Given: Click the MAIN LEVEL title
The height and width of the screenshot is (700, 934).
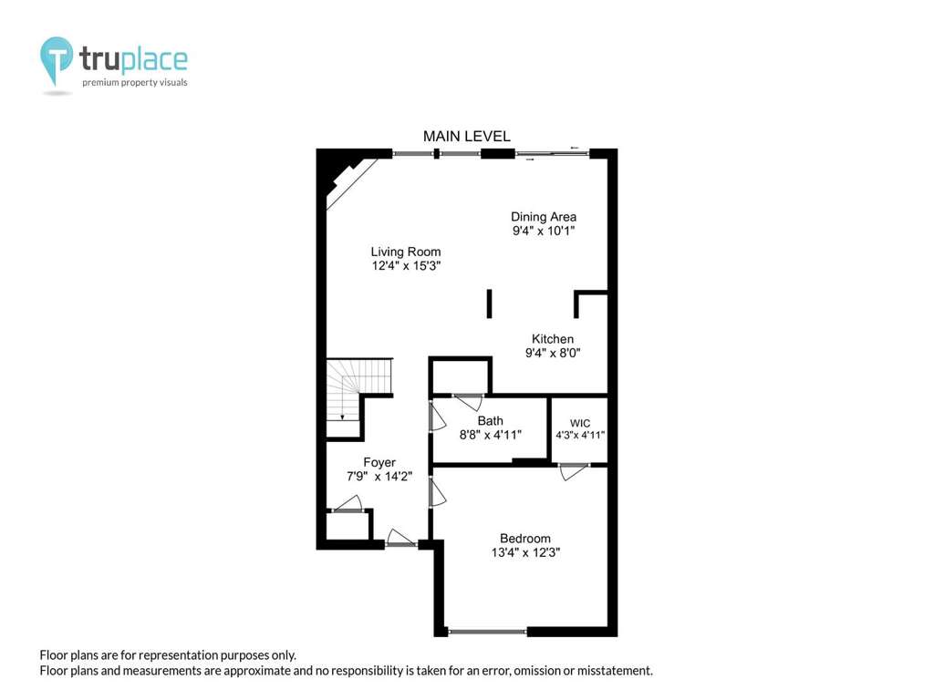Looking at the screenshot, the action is (x=466, y=137).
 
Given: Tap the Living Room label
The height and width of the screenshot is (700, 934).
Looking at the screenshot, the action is (x=406, y=252).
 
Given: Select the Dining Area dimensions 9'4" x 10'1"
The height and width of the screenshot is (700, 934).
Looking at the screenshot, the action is (x=544, y=231).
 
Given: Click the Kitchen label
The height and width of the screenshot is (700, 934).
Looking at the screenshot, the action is (x=553, y=339).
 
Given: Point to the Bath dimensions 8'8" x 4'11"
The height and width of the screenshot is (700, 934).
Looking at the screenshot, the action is (x=490, y=435).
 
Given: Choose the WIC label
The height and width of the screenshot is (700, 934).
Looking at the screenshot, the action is (x=580, y=423).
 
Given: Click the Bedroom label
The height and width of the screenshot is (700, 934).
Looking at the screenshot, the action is (x=525, y=539).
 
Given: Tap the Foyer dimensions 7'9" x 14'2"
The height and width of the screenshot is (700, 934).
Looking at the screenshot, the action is (x=379, y=476).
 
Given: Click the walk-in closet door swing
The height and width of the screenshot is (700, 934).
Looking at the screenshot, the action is (x=573, y=472).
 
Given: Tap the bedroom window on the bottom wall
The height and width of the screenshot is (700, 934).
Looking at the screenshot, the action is (x=487, y=632).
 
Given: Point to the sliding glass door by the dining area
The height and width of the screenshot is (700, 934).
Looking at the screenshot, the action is (x=552, y=154).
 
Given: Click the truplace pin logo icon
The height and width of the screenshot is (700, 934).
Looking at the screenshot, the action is (x=57, y=60).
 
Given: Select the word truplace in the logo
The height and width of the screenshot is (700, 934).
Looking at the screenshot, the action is (x=133, y=59).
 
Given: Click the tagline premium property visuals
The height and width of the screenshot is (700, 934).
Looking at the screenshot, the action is (x=135, y=83).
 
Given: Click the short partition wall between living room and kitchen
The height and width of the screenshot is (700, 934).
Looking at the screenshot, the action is (x=489, y=304).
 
